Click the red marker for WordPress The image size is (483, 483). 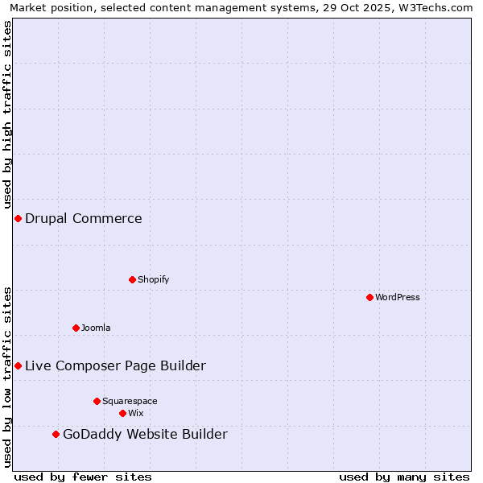(369, 297)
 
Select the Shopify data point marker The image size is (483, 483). (132, 279)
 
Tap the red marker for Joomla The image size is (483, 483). (76, 328)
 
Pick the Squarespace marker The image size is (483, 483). (97, 401)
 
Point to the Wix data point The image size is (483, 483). (122, 413)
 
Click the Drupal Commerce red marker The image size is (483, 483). (18, 218)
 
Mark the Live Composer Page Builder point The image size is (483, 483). (18, 365)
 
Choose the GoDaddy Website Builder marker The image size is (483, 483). (56, 434)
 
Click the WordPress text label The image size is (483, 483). (398, 297)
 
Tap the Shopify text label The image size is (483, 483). (154, 279)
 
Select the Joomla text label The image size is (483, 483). (96, 328)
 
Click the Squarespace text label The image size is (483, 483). (130, 401)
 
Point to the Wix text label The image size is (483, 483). (136, 413)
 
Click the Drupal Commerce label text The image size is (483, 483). (84, 218)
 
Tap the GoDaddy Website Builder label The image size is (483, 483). (145, 435)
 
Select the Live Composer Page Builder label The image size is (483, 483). (115, 365)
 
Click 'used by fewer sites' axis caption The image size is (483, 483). (83, 477)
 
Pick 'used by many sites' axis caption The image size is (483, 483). (404, 477)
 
